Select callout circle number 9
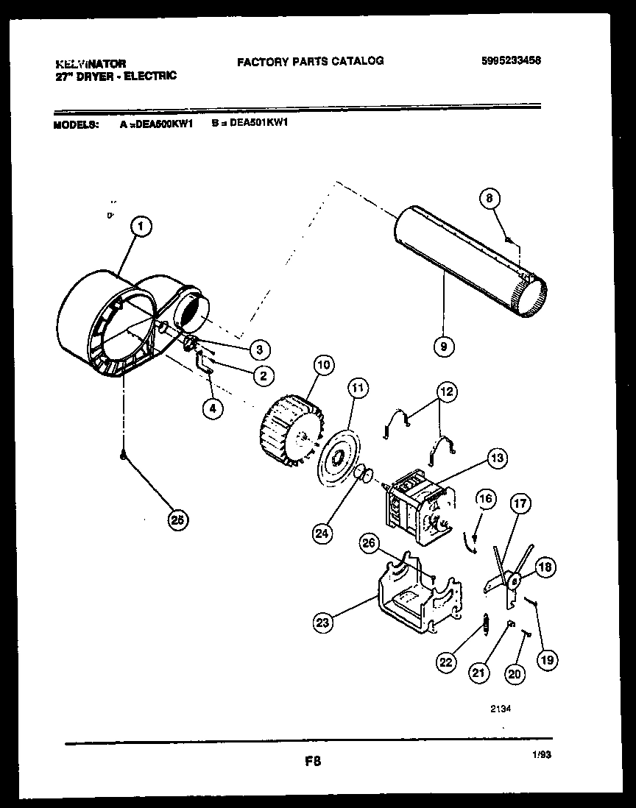pos(444,344)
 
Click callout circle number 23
pos(323,623)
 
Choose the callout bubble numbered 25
pos(176,520)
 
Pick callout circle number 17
pos(520,505)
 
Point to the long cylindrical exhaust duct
pos(467,261)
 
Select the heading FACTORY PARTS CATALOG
pos(310,61)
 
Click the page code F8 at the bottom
pos(314,761)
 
